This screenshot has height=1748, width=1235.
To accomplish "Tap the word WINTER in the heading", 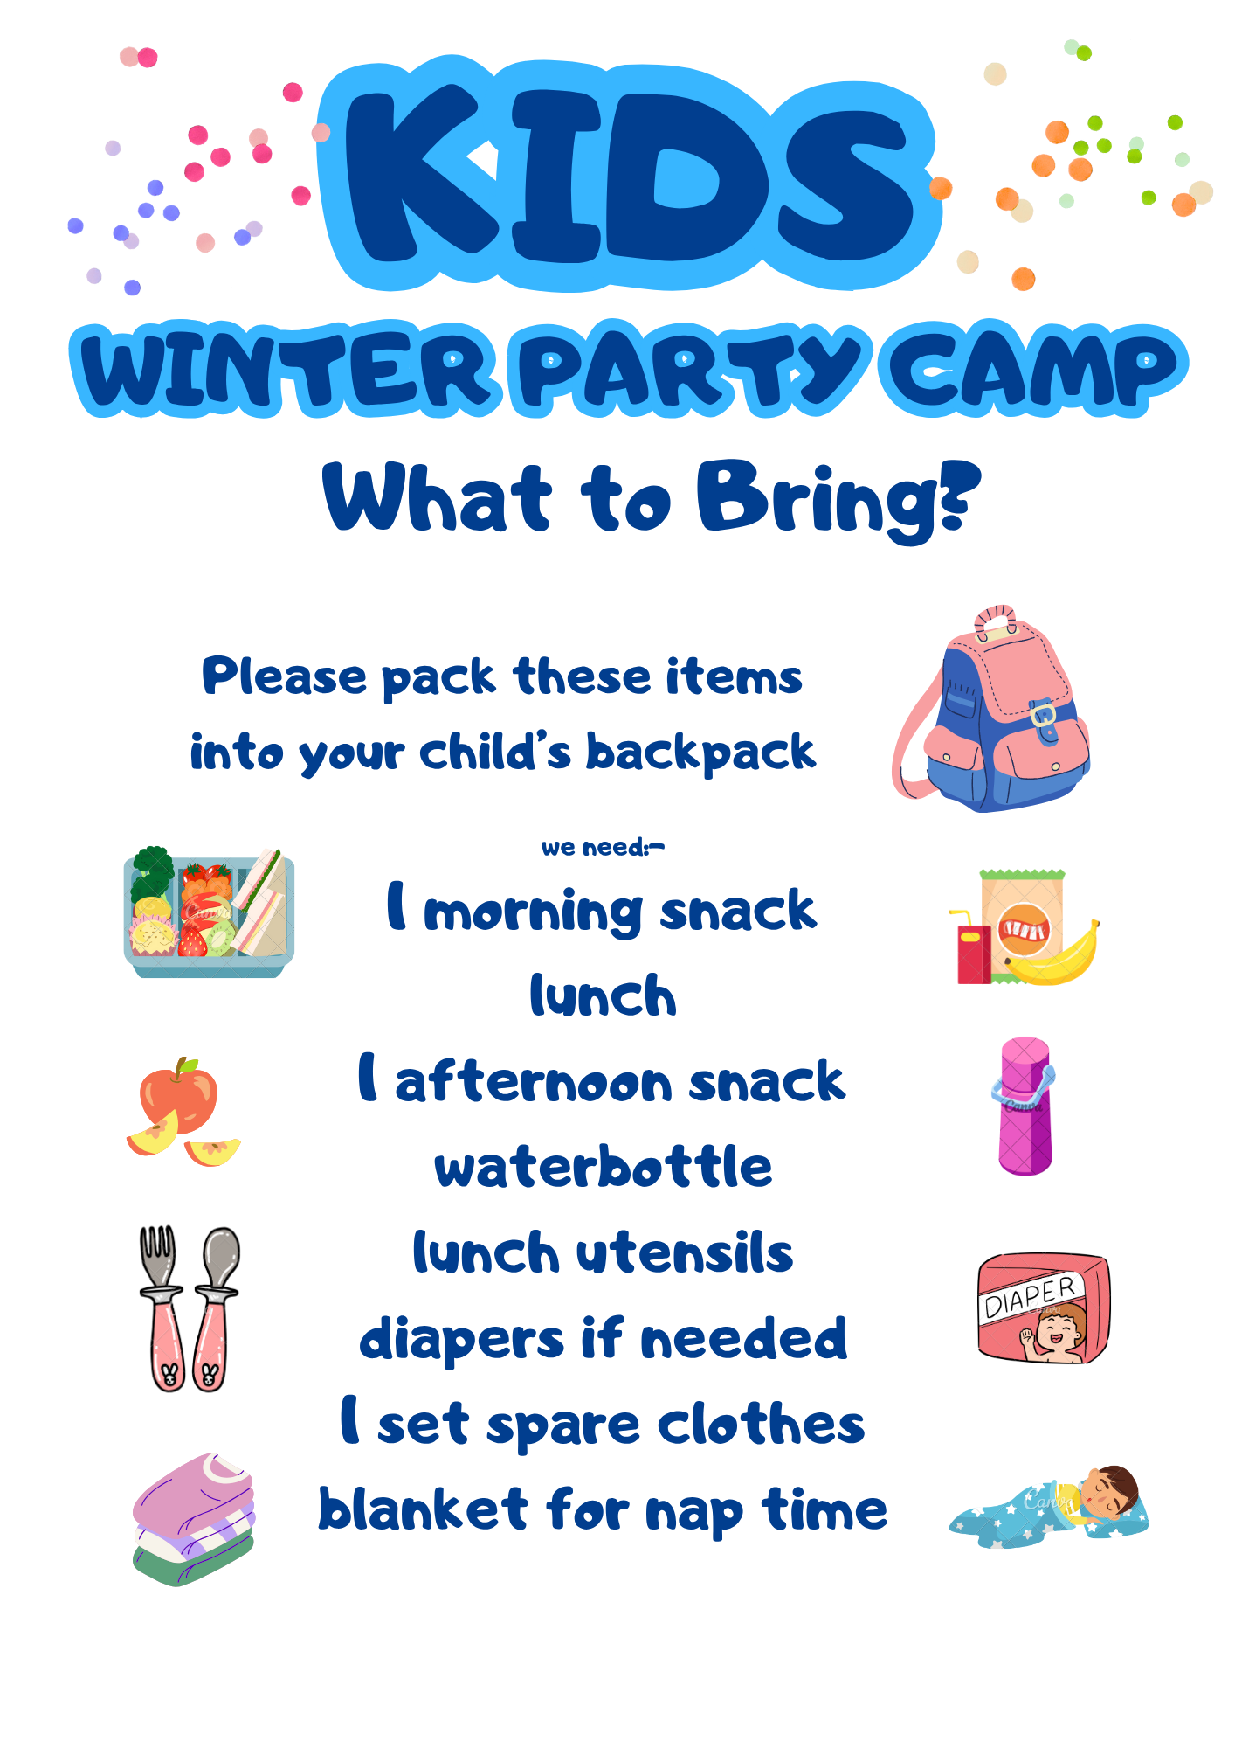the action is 286,371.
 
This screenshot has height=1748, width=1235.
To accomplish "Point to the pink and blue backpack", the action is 991,709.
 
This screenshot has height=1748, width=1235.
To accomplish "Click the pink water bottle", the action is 1025,1106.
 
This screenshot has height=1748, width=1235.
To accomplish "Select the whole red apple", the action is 179,1096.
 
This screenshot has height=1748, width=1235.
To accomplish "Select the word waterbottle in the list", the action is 604,1168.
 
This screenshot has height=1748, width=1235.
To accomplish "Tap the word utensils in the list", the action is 685,1253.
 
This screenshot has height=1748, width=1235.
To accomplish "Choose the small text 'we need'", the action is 594,848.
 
